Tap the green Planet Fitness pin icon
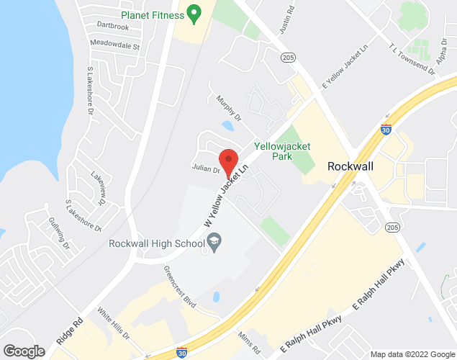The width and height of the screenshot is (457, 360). [x=193, y=13]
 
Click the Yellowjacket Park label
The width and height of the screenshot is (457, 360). [x=282, y=151]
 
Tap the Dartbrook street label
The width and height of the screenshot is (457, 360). [x=112, y=27]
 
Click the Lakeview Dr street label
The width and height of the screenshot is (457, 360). [x=98, y=188]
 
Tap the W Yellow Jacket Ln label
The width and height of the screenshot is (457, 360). [x=230, y=197]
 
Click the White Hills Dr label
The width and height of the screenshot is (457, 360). [x=113, y=325]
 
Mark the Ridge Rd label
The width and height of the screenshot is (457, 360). [x=69, y=330]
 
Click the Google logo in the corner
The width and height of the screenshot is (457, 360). [x=24, y=351]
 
